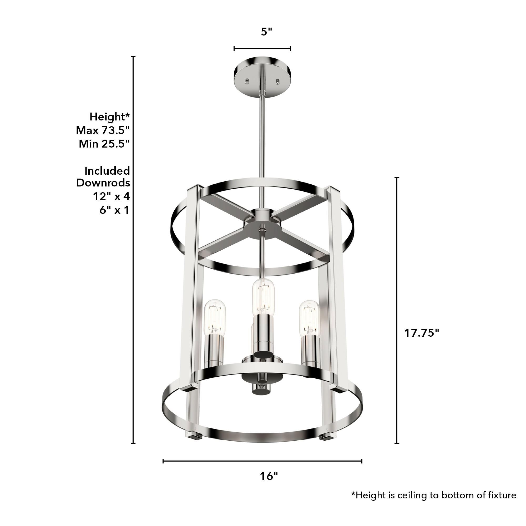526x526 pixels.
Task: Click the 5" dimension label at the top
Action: pyautogui.click(x=266, y=32)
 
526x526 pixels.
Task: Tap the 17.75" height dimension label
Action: pyautogui.click(x=421, y=333)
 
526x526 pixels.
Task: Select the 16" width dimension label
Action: pyautogui.click(x=269, y=476)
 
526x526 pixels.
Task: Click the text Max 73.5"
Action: pyautogui.click(x=103, y=130)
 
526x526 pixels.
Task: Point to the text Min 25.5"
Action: pyautogui.click(x=104, y=144)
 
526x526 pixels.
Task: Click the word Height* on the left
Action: pyautogui.click(x=110, y=117)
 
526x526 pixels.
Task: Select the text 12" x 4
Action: pyautogui.click(x=111, y=196)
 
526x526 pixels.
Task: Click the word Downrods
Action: pyautogui.click(x=103, y=183)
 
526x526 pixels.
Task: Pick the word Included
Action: pyautogui.click(x=107, y=171)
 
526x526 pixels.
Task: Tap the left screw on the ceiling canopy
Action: pyautogui.click(x=247, y=81)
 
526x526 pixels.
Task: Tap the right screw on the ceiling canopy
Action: pyautogui.click(x=278, y=81)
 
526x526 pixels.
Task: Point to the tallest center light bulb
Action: pyautogui.click(x=263, y=297)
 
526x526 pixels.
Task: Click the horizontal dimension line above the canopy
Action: pyautogui.click(x=262, y=49)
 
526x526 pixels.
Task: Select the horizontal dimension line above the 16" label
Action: pyautogui.click(x=262, y=461)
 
